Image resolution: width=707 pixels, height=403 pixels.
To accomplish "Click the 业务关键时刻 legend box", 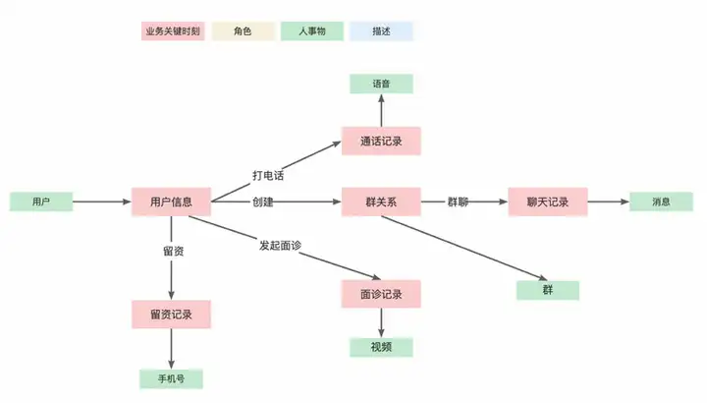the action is tap(173, 31).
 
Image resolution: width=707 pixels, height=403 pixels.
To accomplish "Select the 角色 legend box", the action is tap(244, 31).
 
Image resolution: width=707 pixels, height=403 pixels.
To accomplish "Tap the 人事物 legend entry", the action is tap(312, 31).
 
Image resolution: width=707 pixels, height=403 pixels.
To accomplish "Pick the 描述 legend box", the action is tap(381, 31).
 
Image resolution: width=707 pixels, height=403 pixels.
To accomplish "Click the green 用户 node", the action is tap(41, 201).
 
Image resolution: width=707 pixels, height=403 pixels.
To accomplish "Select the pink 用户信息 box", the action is tap(171, 201).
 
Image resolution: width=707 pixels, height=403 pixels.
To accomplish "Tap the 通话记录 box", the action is tap(381, 142).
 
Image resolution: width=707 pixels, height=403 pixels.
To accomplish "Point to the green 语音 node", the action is tap(381, 84).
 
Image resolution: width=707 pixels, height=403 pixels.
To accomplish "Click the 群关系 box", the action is tap(381, 201).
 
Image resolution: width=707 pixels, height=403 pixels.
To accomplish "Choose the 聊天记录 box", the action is tap(548, 201).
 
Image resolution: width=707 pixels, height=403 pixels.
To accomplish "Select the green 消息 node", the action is tap(661, 201).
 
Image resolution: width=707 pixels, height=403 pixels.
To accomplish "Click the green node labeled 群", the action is tap(548, 290).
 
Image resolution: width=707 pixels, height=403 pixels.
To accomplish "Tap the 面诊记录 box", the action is tap(381, 294).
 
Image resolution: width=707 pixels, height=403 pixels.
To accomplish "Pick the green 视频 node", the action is tap(381, 347).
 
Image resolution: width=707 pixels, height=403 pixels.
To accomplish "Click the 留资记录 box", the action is tap(171, 315).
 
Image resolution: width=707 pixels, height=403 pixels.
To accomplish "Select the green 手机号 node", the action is tap(171, 378).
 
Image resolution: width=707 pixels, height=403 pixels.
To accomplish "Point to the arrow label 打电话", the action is tap(268, 176).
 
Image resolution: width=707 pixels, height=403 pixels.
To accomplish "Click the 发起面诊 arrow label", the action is tap(280, 246).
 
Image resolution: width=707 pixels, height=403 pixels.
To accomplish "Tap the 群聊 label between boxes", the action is tap(458, 201).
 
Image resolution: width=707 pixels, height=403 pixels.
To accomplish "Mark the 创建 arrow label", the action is tap(263, 201).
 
